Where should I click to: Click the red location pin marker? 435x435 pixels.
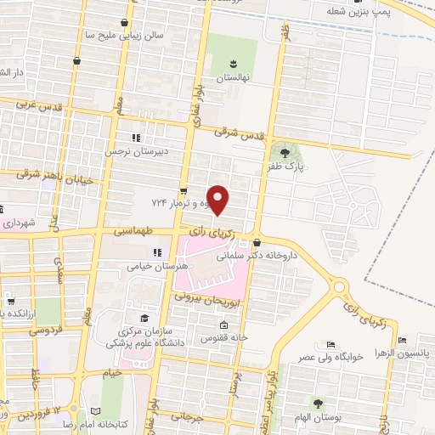[x=219, y=200]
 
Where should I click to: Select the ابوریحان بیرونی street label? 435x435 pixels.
[x=211, y=300]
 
